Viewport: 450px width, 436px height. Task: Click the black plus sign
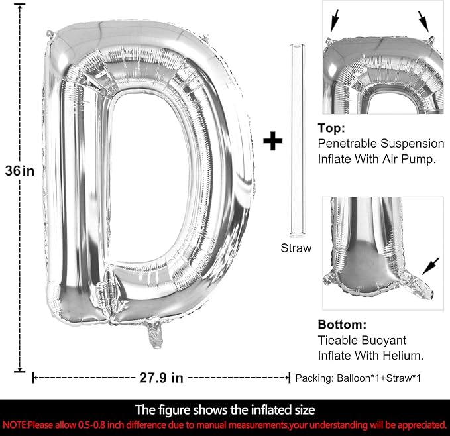[272, 141]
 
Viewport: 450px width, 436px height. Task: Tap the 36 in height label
[19, 171]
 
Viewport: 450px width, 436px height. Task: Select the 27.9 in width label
[161, 378]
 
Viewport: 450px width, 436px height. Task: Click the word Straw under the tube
[296, 248]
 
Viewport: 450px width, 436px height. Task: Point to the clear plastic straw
[298, 140]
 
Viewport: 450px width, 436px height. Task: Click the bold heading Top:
[331, 128]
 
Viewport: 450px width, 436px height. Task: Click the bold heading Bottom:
[342, 325]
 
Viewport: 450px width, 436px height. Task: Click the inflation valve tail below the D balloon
[155, 333]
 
